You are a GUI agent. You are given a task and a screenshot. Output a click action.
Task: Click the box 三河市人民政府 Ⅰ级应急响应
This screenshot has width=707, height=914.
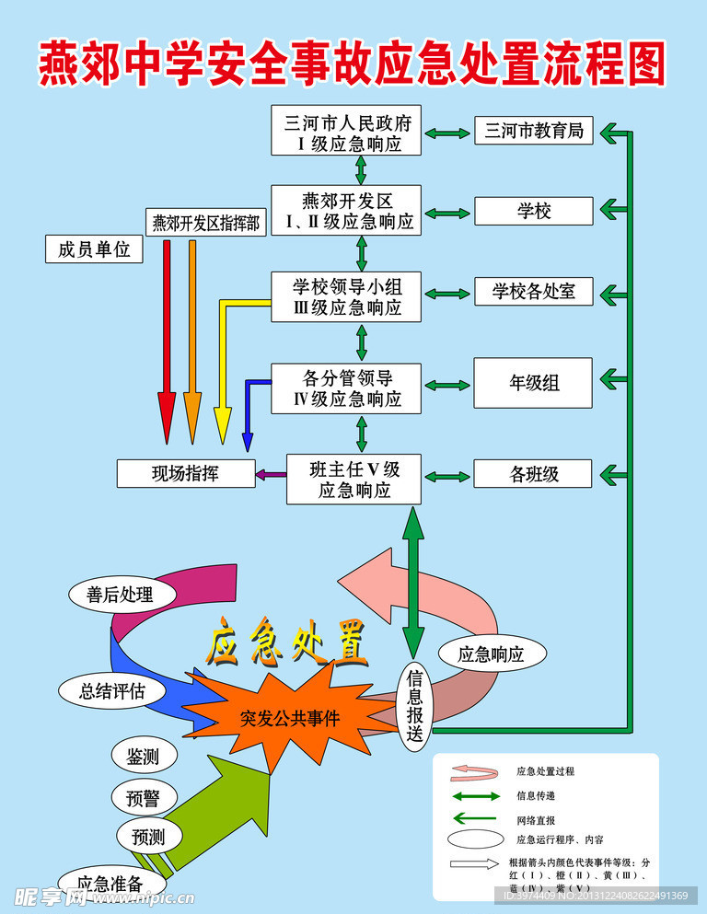click(x=346, y=131)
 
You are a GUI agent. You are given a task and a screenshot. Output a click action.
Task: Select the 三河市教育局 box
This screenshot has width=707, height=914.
click(x=533, y=131)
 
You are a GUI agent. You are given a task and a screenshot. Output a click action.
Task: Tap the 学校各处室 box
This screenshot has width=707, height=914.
click(x=533, y=292)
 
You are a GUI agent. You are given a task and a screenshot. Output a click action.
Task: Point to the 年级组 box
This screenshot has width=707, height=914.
click(x=533, y=382)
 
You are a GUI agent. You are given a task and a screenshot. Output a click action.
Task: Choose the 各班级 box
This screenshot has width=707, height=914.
click(x=533, y=474)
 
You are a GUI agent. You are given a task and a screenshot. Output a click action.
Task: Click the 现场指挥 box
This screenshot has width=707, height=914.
click(x=186, y=473)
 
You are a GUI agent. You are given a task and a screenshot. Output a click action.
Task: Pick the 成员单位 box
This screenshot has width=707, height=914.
click(x=94, y=249)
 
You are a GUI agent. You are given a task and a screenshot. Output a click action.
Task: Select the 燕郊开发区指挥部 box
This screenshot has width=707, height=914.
click(x=206, y=222)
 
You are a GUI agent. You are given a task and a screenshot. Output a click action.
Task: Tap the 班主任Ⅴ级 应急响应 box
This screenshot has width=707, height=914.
click(x=354, y=479)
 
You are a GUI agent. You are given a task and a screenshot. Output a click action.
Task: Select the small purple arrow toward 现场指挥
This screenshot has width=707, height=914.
click(x=271, y=474)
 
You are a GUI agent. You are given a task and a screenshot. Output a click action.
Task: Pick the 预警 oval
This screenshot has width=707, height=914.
click(x=143, y=797)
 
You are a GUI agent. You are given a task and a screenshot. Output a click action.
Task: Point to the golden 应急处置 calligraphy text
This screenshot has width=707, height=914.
click(x=286, y=642)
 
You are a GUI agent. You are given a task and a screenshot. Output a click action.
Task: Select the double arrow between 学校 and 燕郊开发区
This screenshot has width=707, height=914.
click(x=448, y=212)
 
